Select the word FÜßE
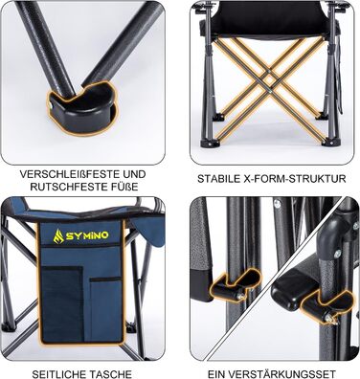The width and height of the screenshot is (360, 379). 127,187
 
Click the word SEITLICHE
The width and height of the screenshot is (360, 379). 59,374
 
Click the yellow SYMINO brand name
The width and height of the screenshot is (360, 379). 87,236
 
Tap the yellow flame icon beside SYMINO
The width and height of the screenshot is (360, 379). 58,236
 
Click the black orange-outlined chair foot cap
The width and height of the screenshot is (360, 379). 83,108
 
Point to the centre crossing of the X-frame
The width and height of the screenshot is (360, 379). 270,85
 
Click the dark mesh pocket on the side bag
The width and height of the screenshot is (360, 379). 62,304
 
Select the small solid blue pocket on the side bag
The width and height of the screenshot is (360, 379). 105,308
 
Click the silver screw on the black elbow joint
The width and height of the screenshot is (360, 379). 337,254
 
